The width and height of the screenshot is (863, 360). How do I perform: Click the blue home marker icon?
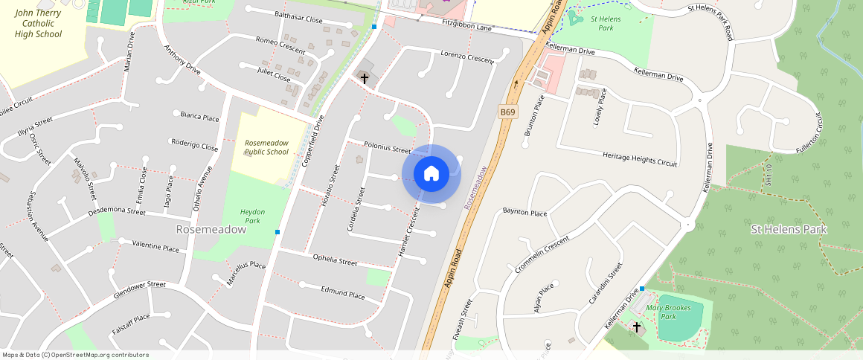click(431, 174)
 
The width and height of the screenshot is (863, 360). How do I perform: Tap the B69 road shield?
click(507, 112)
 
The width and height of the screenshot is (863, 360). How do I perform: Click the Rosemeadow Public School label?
click(266, 147)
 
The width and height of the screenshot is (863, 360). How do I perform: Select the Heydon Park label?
click(253, 216)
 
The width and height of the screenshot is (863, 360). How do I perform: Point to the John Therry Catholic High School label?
click(38, 23)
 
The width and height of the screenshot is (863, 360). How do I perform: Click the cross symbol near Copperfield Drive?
click(364, 77)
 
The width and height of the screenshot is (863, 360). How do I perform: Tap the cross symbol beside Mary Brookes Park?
click(637, 327)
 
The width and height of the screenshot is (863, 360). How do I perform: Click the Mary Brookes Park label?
click(668, 312)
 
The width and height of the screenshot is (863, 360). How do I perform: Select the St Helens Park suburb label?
click(788, 229)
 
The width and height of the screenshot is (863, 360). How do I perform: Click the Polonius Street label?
click(388, 147)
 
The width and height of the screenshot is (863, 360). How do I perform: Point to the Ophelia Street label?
click(335, 260)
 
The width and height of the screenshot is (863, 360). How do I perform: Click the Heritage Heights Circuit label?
click(640, 158)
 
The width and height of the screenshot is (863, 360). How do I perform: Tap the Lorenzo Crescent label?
click(467, 56)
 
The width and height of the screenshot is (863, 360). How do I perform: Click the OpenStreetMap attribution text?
click(75, 355)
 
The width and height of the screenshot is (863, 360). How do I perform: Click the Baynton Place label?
click(524, 213)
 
